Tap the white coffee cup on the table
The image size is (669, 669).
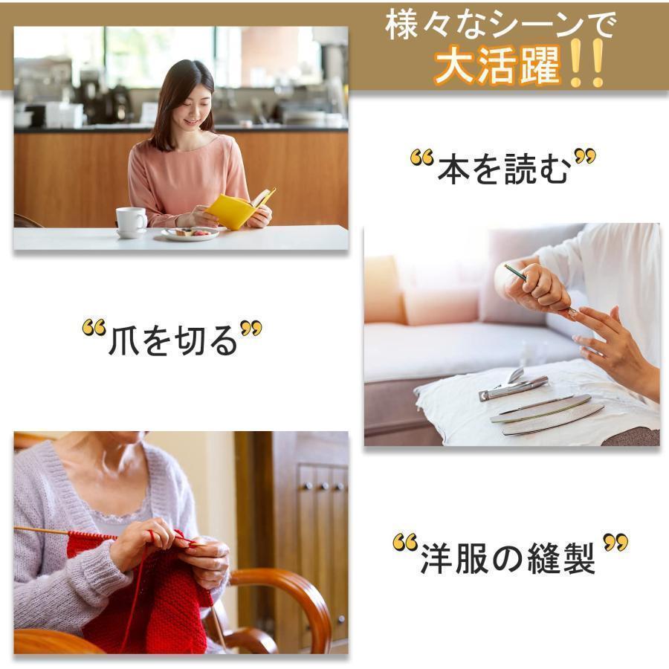tap(132, 221)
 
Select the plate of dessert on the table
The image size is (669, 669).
tap(190, 233)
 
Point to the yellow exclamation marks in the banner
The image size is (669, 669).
tap(588, 63)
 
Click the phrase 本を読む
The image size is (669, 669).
tap(504, 169)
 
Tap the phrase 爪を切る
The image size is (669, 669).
tap(172, 340)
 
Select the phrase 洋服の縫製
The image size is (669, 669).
tap(508, 558)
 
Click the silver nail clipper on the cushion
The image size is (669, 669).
tap(512, 385)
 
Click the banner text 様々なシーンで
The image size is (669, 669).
tap(500, 25)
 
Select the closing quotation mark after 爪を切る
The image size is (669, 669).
tap(251, 329)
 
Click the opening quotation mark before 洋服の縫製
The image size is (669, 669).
tap(405, 543)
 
